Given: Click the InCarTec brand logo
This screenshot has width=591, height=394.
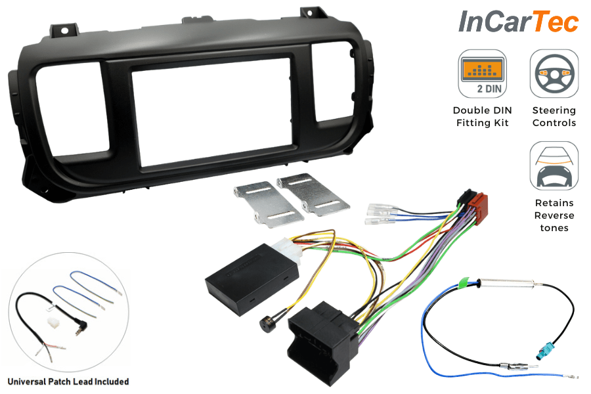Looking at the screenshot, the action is pyautogui.click(x=518, y=22).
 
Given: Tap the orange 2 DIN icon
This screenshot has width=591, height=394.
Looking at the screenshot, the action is pyautogui.click(x=482, y=74).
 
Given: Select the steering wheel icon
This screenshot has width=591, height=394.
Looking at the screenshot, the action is pyautogui.click(x=554, y=74).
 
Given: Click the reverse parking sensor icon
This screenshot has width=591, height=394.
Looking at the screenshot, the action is pyautogui.click(x=554, y=166).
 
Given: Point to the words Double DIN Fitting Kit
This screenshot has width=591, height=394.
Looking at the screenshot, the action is pyautogui.click(x=482, y=116).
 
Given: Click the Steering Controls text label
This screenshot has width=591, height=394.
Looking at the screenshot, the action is pyautogui.click(x=554, y=116).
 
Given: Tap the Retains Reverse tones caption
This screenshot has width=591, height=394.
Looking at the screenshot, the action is pyautogui.click(x=554, y=215).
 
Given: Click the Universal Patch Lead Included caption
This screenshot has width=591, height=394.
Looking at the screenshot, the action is pyautogui.click(x=68, y=382).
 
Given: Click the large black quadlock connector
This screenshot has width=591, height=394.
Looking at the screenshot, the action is pyautogui.click(x=322, y=342).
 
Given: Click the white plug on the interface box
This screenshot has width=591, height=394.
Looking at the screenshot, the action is pyautogui.click(x=288, y=252).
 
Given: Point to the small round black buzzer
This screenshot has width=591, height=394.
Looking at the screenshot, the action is pyautogui.click(x=266, y=324).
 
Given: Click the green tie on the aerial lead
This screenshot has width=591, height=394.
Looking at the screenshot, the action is pyautogui.click(x=467, y=284).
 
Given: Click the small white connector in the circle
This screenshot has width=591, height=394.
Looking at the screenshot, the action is pyautogui.click(x=51, y=322).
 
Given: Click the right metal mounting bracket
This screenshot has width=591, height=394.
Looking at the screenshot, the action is pyautogui.click(x=313, y=194).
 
